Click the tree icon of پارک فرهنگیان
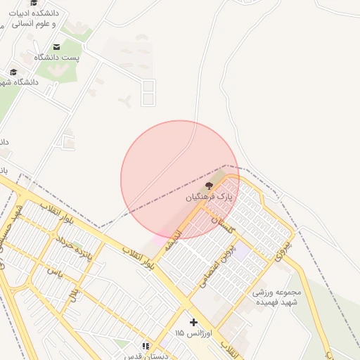pos(208,185)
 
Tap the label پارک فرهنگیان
pos(209,198)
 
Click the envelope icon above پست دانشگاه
pos(56,46)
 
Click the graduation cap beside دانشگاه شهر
pos(13,72)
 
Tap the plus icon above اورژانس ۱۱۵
pos(194,322)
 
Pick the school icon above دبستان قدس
pos(146,346)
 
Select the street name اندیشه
pos(173,240)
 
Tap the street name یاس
pos(55,270)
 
